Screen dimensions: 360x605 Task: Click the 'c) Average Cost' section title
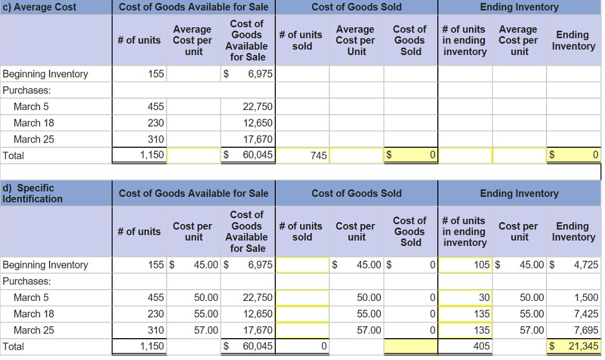pyautogui.click(x=40, y=7)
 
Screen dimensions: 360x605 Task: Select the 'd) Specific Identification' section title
pyautogui.click(x=32, y=193)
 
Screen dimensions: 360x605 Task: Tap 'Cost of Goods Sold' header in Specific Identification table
pyautogui.click(x=356, y=193)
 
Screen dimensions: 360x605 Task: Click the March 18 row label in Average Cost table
pyautogui.click(x=34, y=123)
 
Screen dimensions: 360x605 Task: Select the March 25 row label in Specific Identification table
pyautogui.click(x=34, y=330)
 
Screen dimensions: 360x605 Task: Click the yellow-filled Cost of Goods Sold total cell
pyautogui.click(x=411, y=346)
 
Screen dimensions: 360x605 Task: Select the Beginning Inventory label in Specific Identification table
pyautogui.click(x=45, y=265)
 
